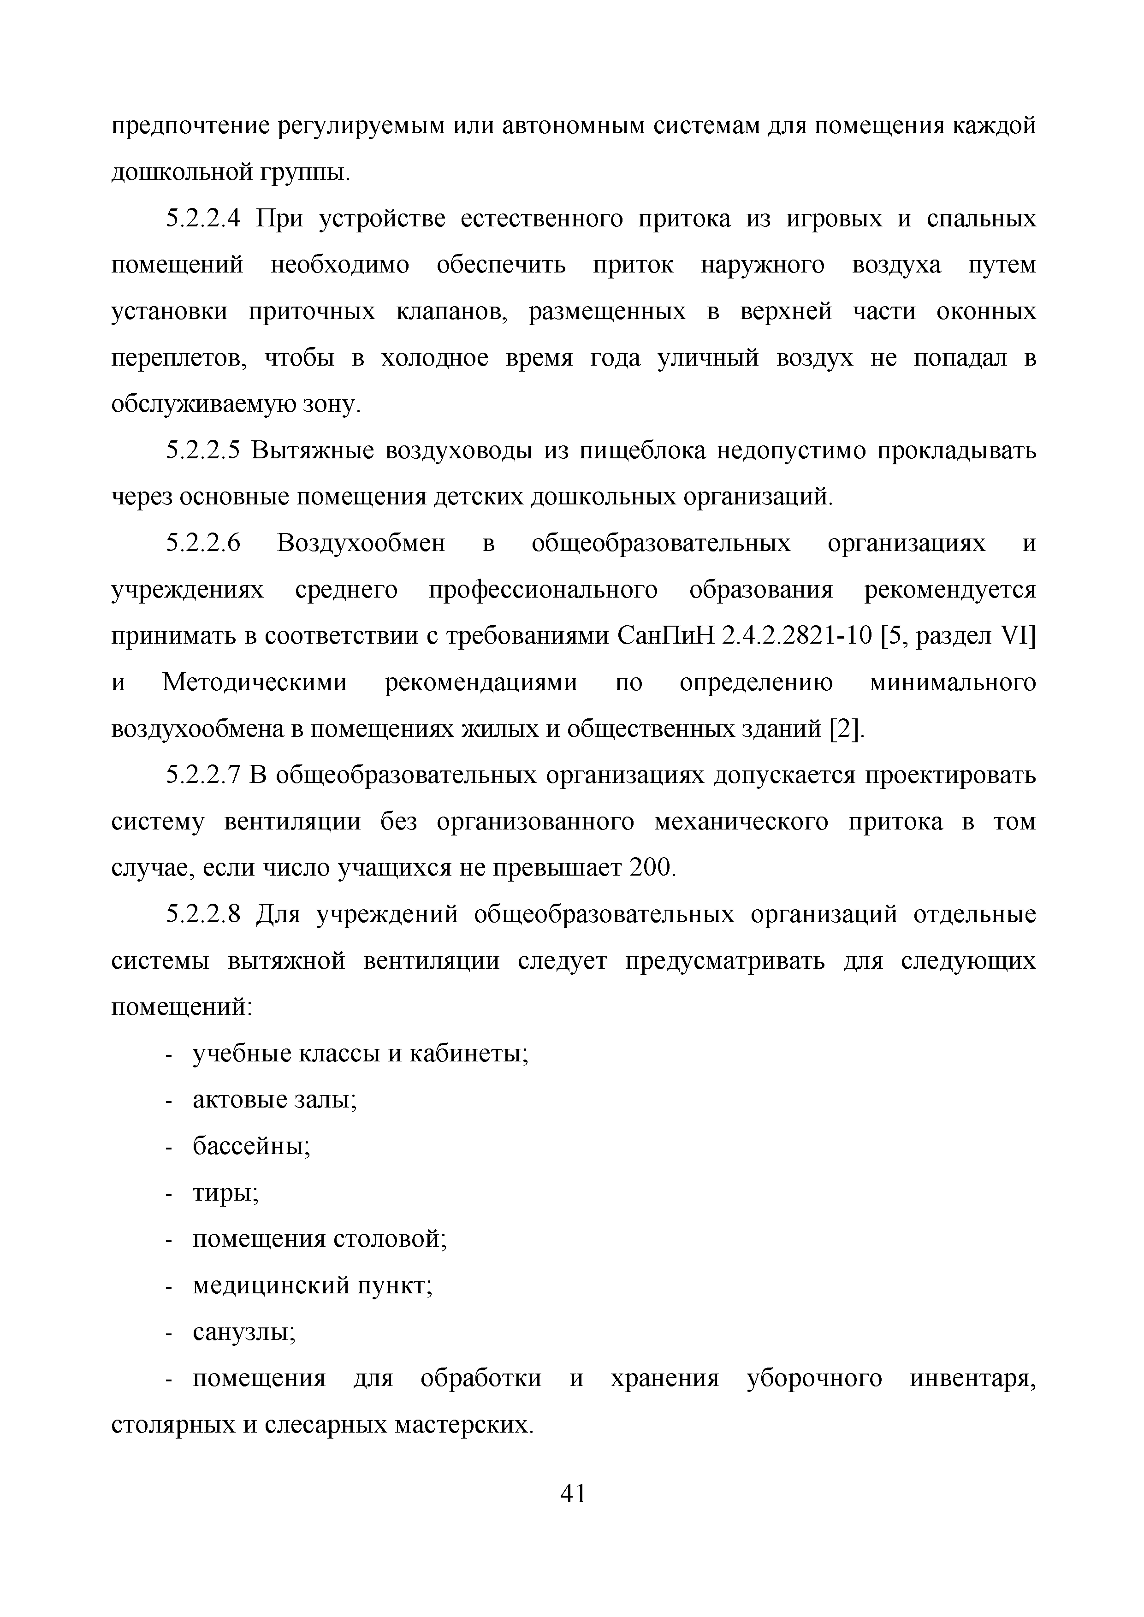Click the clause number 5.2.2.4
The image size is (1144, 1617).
[203, 219]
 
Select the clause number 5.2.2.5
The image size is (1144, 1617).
[203, 451]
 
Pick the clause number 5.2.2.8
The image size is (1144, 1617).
[203, 915]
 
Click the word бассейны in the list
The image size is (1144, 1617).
[251, 1147]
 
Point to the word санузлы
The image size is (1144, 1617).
[243, 1333]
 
